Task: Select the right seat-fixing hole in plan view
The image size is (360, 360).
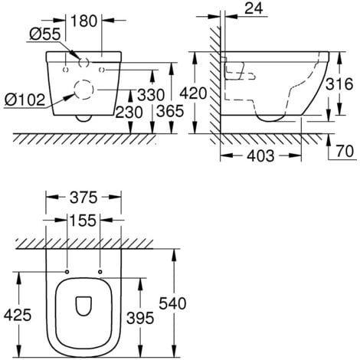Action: coord(101,271)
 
